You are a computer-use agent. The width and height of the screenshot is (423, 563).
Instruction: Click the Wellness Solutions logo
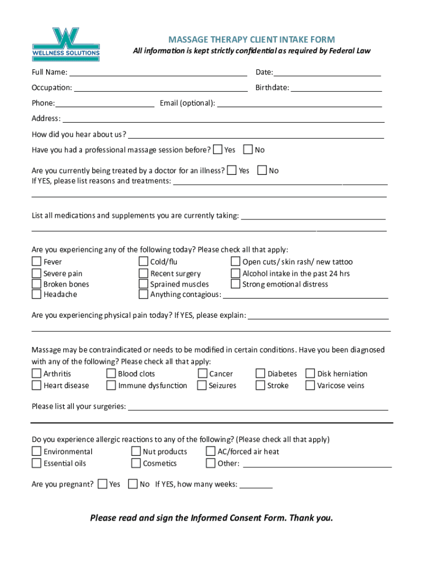[66, 45]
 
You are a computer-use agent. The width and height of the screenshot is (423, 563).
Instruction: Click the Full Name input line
[158, 71]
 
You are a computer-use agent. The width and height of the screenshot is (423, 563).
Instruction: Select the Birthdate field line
[336, 87]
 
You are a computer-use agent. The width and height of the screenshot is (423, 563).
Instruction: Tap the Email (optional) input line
[299, 102]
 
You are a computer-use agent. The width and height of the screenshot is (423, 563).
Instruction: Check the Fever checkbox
[37, 262]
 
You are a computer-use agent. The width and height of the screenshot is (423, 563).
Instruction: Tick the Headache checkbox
[37, 294]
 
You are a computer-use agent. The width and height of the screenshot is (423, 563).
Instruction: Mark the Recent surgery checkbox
[143, 273]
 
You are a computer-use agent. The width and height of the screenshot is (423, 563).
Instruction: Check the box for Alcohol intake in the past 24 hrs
[236, 273]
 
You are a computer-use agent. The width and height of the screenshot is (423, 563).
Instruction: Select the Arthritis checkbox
[37, 374]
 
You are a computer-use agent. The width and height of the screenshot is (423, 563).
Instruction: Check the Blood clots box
[112, 374]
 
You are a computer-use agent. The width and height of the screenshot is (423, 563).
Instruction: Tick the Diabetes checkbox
[260, 374]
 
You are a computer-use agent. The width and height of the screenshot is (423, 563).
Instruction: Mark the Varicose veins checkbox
[310, 385]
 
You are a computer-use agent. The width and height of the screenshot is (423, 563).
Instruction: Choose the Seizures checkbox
[202, 385]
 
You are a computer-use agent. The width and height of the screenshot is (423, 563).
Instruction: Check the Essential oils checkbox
[37, 463]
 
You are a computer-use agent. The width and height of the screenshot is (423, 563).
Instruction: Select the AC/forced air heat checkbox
[210, 452]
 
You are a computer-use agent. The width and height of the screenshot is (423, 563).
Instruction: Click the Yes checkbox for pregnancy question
[103, 484]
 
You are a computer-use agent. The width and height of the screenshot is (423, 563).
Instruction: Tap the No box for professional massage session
[248, 150]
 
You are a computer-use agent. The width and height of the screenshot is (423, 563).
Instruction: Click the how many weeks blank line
[256, 484]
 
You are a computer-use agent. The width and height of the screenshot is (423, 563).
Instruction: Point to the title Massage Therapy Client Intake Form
[252, 40]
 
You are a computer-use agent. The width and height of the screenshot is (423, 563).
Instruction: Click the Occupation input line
[160, 87]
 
